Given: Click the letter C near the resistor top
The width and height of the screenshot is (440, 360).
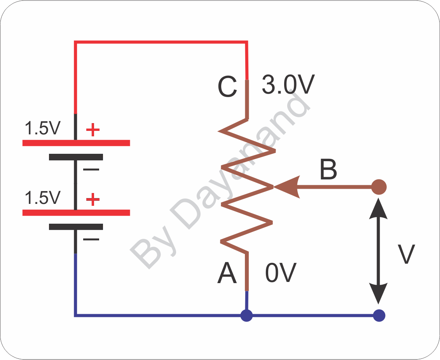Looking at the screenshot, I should pyautogui.click(x=227, y=87).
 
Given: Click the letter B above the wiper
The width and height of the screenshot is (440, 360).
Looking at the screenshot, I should pyautogui.click(x=328, y=169).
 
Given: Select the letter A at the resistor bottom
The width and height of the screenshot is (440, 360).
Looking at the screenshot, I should pyautogui.click(x=227, y=273).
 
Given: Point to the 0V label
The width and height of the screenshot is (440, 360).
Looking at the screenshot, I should pyautogui.click(x=281, y=273).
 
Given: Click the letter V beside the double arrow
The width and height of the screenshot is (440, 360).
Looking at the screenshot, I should pyautogui.click(x=407, y=254).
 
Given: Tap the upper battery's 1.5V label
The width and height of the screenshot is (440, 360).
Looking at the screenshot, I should pyautogui.click(x=42, y=128).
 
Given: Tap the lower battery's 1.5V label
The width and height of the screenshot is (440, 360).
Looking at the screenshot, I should pyautogui.click(x=42, y=198).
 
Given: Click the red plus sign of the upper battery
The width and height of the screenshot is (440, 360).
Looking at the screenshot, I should pyautogui.click(x=93, y=130).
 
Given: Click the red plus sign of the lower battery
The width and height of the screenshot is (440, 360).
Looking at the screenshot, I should pyautogui.click(x=93, y=200).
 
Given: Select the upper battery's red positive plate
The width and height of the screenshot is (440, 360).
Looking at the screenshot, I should pyautogui.click(x=76, y=143).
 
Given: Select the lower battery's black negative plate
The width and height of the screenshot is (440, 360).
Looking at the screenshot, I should pyautogui.click(x=76, y=227).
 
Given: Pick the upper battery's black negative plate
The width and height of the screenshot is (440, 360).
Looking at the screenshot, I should pyautogui.click(x=76, y=157).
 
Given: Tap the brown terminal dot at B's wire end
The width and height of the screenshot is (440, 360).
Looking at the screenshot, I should pyautogui.click(x=379, y=187).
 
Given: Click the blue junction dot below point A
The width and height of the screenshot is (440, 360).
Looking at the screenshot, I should pyautogui.click(x=246, y=315).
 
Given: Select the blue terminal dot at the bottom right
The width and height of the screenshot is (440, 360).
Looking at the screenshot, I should pyautogui.click(x=379, y=315).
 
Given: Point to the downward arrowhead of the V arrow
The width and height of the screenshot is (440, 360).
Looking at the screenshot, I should pyautogui.click(x=378, y=293).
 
